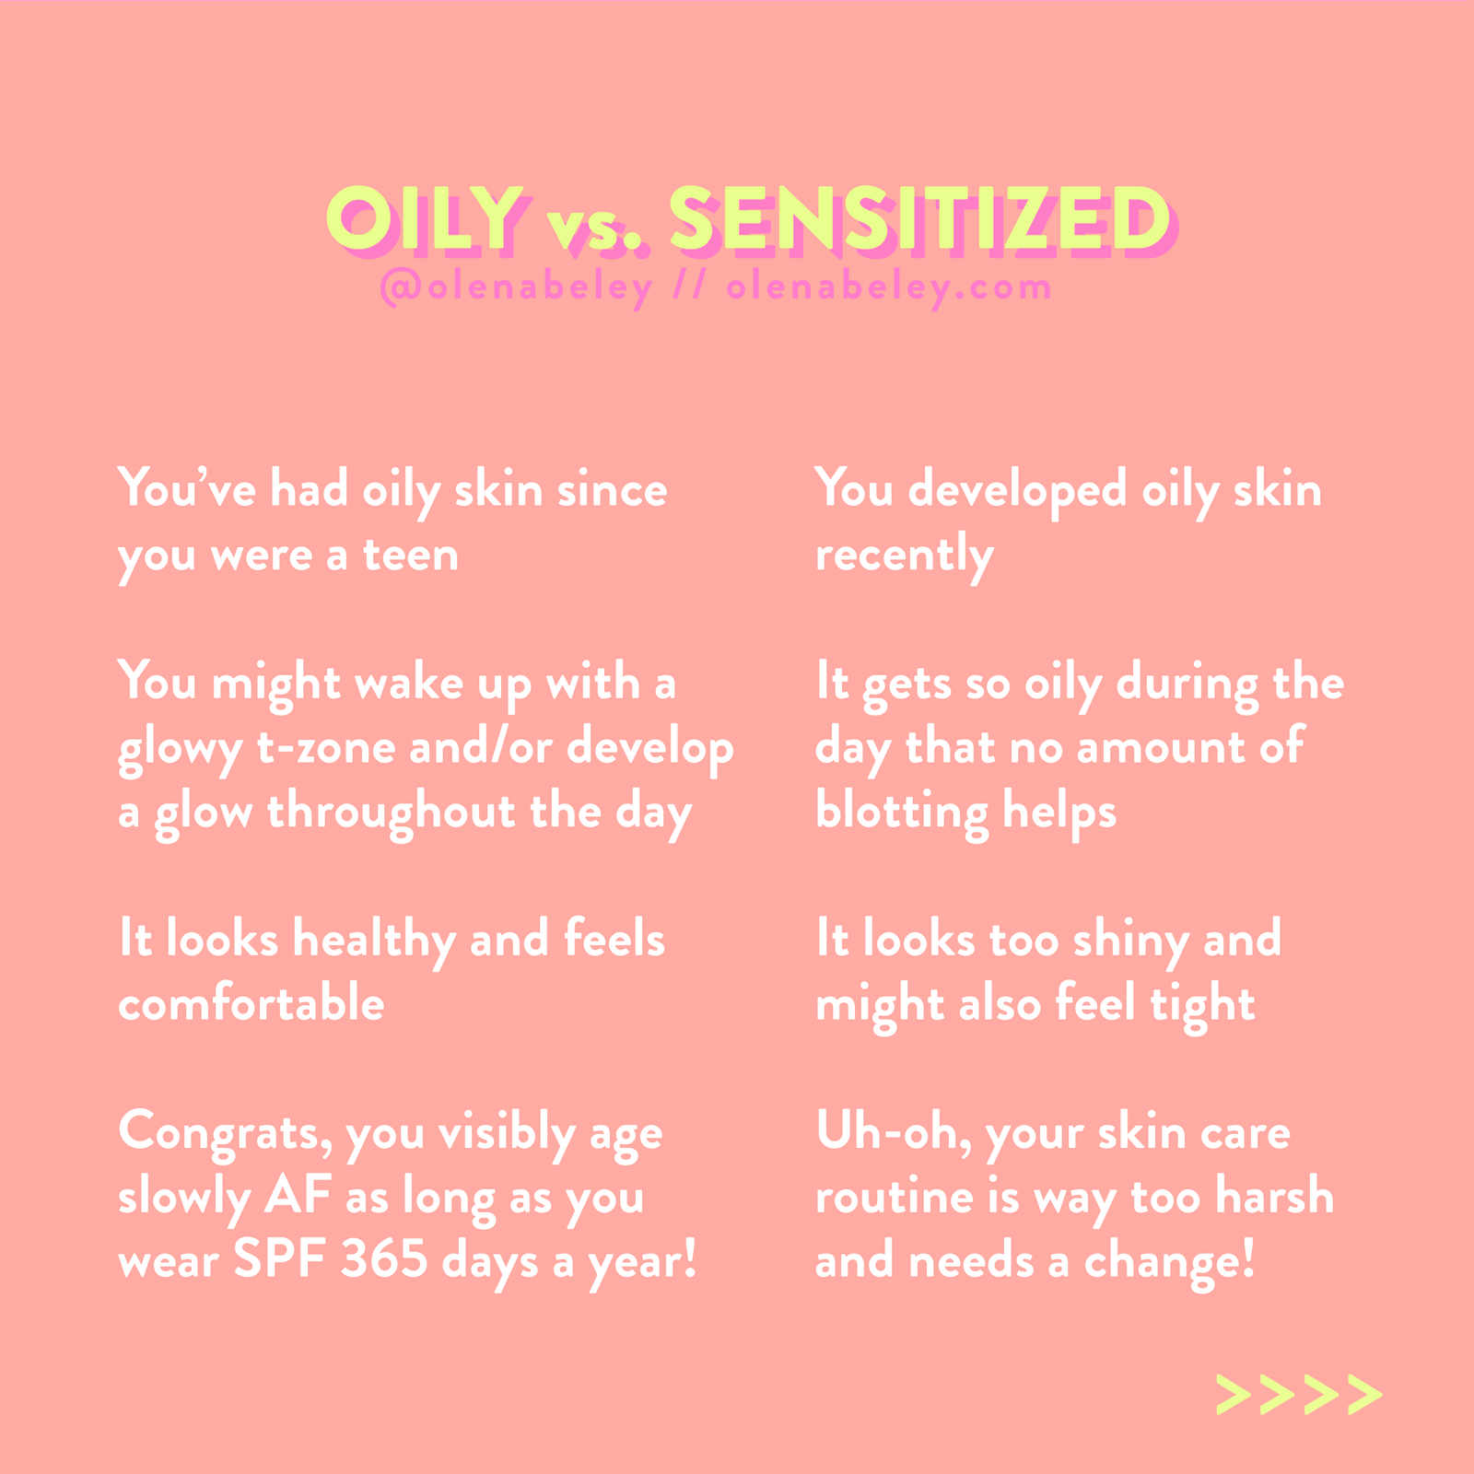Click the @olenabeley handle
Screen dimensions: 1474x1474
click(516, 288)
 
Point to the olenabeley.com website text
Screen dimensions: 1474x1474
click(889, 288)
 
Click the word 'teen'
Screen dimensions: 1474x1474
click(411, 555)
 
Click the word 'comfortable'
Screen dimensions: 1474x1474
click(252, 1003)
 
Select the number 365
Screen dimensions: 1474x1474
click(384, 1260)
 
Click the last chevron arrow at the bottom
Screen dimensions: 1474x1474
click(1364, 1395)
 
